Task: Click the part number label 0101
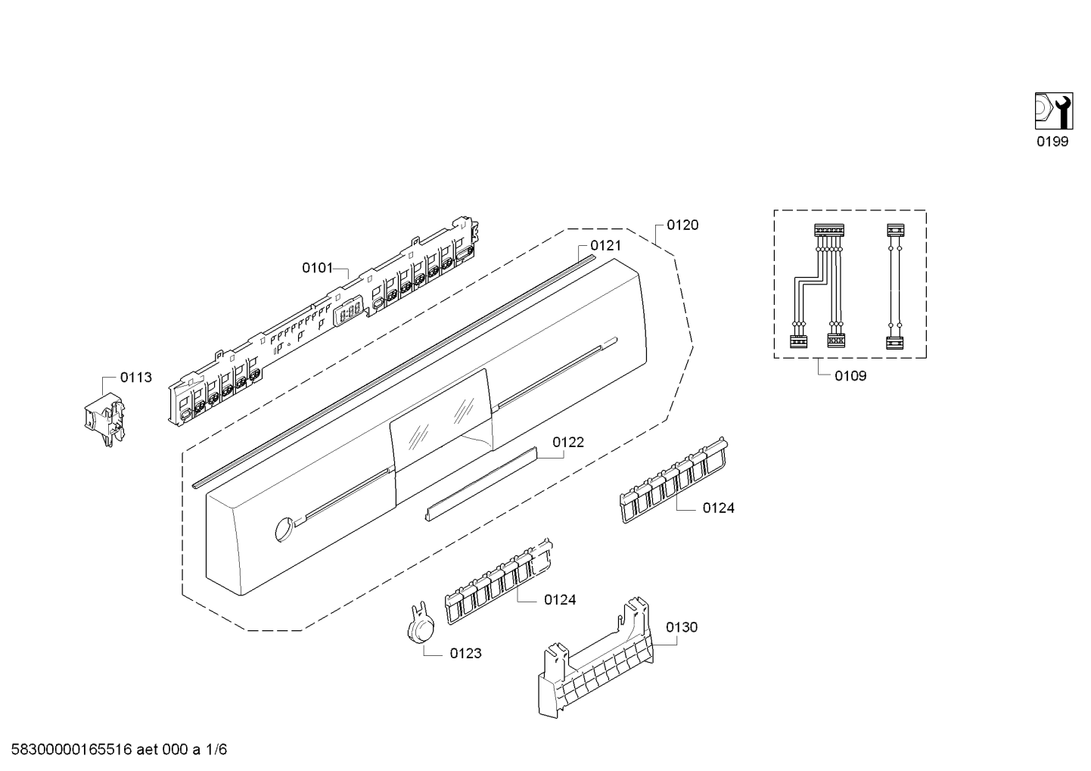point(317,267)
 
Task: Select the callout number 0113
point(136,377)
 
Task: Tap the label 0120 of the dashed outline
point(682,225)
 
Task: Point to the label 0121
point(605,245)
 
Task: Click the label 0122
point(567,442)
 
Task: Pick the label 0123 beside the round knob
point(465,653)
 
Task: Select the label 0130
point(682,626)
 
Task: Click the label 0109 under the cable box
point(850,375)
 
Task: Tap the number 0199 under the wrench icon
point(1052,141)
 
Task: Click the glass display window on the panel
point(442,418)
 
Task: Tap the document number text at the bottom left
point(113,750)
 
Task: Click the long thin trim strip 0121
point(393,371)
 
